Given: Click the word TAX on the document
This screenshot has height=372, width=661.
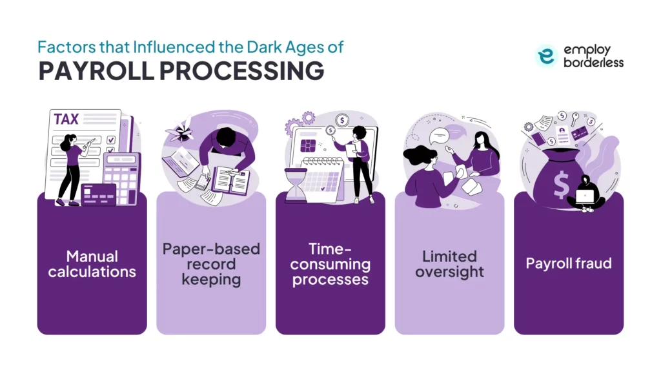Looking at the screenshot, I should [x=68, y=120].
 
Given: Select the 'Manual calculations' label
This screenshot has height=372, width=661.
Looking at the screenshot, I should [x=92, y=263].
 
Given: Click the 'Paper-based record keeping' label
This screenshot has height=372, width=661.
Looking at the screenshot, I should [x=211, y=264].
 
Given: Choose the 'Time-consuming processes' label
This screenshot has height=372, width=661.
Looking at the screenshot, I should [x=330, y=264].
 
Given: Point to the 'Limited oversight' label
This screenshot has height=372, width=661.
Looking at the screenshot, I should [x=449, y=264].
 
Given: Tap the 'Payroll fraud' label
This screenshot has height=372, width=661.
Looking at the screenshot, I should [x=568, y=263].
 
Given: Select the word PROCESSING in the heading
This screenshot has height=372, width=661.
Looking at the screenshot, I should [x=243, y=72].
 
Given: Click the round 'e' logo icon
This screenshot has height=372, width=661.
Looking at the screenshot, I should [x=545, y=56].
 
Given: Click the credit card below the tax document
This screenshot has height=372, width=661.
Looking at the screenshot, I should [x=98, y=193].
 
